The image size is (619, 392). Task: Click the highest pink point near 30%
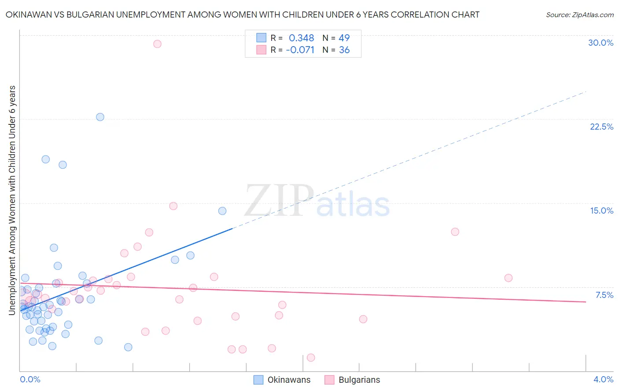coord(157,44)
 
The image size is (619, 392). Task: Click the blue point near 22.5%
coord(100,117)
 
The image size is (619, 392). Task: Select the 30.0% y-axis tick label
coord(601,43)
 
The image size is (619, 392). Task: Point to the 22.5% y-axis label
coord(601,127)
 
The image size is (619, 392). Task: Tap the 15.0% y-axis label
coord(601,211)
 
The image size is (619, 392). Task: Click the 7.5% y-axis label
coord(604,295)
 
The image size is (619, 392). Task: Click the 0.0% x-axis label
coord(30,379)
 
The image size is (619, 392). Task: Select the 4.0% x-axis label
coord(603,379)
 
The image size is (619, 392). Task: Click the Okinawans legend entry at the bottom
coord(289,380)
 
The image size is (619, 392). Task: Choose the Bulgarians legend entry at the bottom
coord(359,380)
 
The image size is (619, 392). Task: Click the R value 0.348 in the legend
coord(301,38)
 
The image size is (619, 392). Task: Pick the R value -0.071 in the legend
coord(300,50)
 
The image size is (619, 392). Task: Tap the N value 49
coord(344,38)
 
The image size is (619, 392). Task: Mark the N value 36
coord(344,50)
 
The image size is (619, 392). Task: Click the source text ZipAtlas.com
coord(579,15)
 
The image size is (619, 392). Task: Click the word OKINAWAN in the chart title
coord(28,15)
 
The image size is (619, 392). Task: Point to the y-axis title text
coord(12,200)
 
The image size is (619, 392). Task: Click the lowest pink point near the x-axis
coord(311,357)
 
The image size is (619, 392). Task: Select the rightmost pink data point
coord(508,278)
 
